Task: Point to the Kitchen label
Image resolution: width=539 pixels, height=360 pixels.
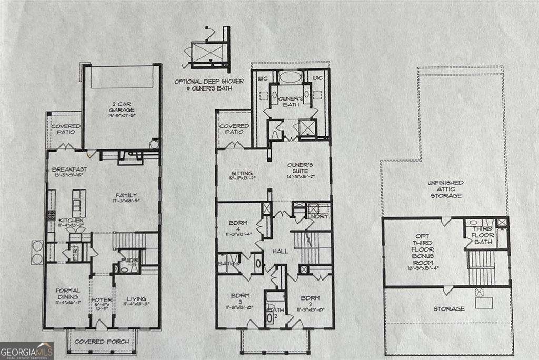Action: tap(69, 220)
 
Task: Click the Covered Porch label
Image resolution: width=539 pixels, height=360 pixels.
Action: tap(102, 342)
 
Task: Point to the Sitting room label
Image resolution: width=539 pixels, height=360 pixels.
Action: tap(242, 173)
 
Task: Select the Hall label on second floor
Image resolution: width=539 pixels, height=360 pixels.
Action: tap(280, 252)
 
